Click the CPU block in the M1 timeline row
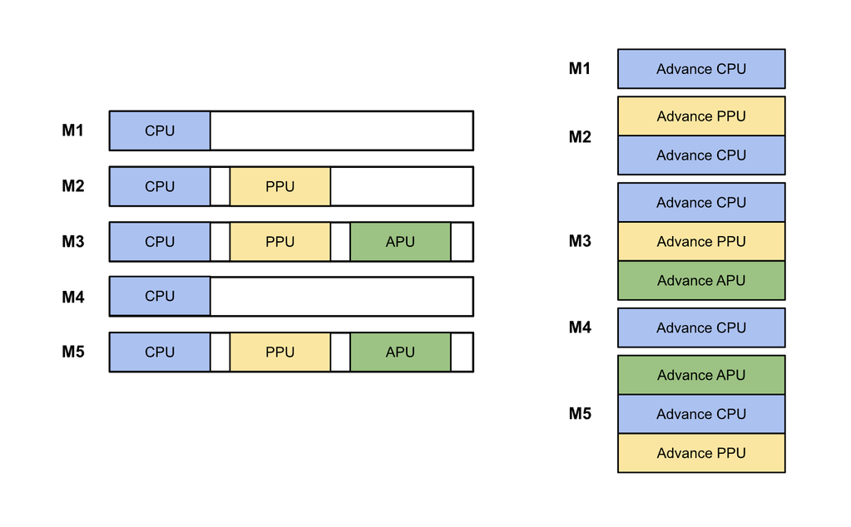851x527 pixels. [x=160, y=131]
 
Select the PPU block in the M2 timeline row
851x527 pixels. [x=280, y=186]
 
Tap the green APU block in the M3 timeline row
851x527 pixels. [x=400, y=242]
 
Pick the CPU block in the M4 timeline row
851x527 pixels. [x=160, y=296]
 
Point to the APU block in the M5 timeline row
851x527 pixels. [x=400, y=352]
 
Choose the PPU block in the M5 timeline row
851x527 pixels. [x=280, y=352]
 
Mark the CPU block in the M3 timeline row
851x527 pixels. [x=160, y=242]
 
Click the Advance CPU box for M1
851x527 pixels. [x=701, y=69]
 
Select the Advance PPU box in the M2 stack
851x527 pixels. [x=701, y=116]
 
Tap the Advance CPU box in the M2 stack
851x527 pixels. [x=701, y=155]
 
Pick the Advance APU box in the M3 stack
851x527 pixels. [x=701, y=280]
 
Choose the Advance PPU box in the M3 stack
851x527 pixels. [x=701, y=242]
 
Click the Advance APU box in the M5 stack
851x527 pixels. [x=701, y=375]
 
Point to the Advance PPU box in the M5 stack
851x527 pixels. [x=701, y=453]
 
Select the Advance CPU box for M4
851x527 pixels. [x=701, y=328]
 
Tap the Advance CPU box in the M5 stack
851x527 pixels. [x=701, y=414]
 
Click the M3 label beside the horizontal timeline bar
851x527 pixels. [x=73, y=242]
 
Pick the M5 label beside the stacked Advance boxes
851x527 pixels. [x=580, y=413]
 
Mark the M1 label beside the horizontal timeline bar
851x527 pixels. [x=73, y=131]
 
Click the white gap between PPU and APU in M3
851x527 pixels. [x=340, y=242]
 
